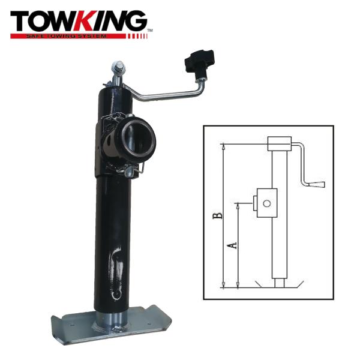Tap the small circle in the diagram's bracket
267,203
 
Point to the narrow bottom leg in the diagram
278,281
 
